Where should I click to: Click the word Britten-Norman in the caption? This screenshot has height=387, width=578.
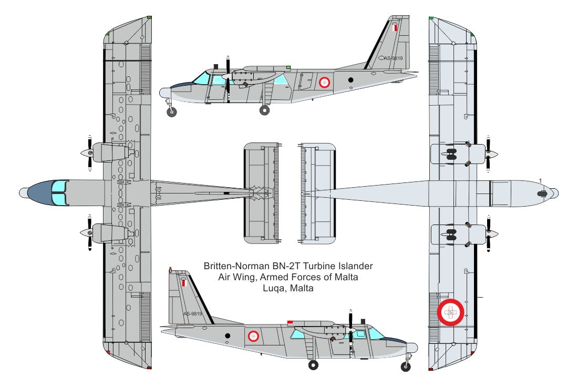[x=236, y=266]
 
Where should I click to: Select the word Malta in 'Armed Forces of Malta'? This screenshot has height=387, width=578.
[x=346, y=277]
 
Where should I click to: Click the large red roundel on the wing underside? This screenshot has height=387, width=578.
[x=450, y=312]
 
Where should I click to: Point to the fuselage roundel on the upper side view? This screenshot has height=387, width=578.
[x=324, y=82]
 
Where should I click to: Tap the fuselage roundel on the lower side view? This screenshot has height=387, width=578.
[x=253, y=335]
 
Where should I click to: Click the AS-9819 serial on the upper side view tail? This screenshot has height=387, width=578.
[x=394, y=58]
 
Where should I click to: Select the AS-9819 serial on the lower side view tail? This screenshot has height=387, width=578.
[x=193, y=313]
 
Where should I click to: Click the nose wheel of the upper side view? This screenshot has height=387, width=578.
[x=172, y=112]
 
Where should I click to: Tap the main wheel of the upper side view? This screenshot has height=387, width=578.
[x=265, y=110]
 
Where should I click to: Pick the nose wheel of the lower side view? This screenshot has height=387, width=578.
[x=406, y=366]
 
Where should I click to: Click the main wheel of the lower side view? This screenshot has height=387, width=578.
[x=313, y=365]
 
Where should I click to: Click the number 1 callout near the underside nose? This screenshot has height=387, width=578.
[x=540, y=181]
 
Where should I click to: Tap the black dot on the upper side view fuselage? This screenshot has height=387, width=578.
[x=350, y=80]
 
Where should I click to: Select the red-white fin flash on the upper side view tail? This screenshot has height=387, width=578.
[x=396, y=28]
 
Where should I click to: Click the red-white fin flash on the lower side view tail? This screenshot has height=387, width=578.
[x=183, y=283]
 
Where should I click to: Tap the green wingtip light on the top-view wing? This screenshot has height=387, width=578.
[x=149, y=17]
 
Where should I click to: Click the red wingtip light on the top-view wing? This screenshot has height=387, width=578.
[x=149, y=368]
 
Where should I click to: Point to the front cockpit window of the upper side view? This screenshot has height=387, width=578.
[x=201, y=78]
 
